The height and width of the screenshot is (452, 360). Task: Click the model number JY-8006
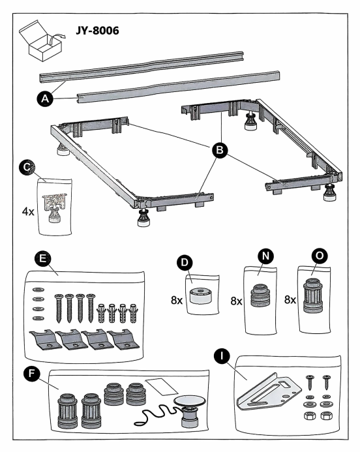(97, 31)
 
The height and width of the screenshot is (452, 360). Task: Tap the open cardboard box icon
(41, 41)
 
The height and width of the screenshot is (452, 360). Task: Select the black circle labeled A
(45, 99)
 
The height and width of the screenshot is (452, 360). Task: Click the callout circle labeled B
(220, 150)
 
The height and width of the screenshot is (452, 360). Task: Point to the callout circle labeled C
(27, 167)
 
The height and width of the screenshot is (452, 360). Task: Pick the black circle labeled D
(185, 262)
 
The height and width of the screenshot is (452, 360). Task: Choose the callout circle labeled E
(42, 258)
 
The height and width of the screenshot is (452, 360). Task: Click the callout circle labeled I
(222, 356)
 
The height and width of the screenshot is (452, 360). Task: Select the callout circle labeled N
(265, 256)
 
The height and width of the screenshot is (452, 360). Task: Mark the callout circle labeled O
(320, 256)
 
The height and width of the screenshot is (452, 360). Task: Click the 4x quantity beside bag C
(28, 212)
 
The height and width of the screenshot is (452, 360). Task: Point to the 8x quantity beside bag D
(177, 301)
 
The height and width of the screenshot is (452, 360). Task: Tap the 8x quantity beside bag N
(236, 301)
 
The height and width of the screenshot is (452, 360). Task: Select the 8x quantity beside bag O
(290, 300)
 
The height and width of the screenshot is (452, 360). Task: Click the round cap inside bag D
(201, 295)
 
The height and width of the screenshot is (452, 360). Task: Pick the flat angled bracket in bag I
(269, 392)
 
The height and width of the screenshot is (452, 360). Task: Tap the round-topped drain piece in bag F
(189, 412)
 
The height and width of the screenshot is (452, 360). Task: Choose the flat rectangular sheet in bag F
(162, 387)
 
